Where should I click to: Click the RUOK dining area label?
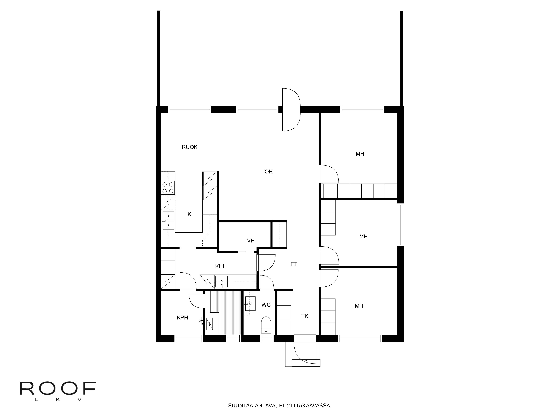coord(189,147)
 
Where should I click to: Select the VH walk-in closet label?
coord(251,241)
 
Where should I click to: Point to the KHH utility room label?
coord(221,266)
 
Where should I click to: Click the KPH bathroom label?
coord(182,318)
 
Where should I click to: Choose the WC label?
coord(266,305)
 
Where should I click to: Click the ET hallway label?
coord(294,264)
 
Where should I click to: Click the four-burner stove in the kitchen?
coord(168,188)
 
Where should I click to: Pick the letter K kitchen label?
coord(189,214)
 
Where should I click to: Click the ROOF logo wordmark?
coord(58,389)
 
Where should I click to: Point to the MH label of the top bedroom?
coord(360,154)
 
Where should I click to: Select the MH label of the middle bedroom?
coord(363,236)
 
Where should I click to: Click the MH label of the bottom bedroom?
coord(359,306)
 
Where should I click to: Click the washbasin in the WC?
coord(250,303)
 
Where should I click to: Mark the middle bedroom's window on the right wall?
coord(401,225)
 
